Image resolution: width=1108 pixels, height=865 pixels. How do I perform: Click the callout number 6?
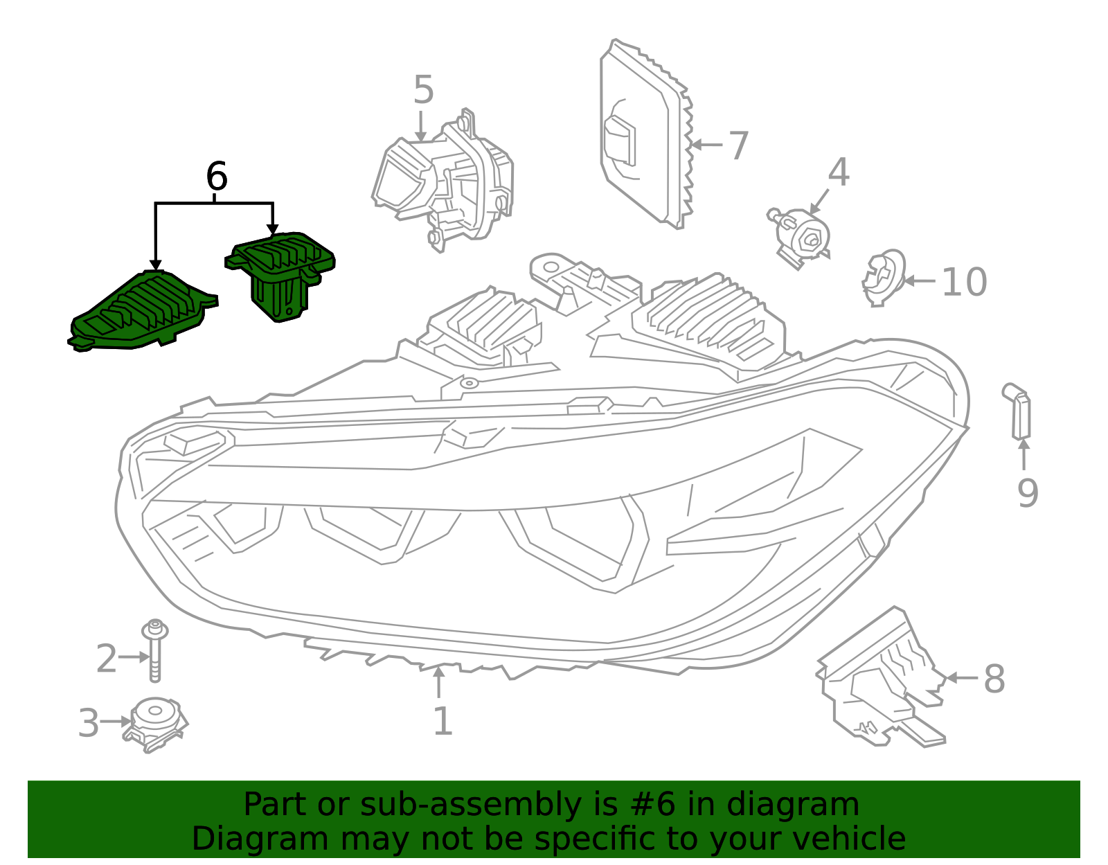point(217,177)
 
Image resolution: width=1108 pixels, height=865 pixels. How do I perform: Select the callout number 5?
point(423,91)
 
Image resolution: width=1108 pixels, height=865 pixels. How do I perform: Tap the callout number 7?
point(739,146)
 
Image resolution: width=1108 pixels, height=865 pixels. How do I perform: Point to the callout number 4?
point(839,172)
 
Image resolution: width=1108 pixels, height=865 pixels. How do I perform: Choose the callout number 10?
point(964,283)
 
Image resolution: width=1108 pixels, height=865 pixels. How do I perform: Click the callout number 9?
point(1028,494)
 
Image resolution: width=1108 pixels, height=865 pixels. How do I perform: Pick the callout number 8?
point(994,679)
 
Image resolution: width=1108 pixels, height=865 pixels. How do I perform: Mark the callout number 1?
point(443,721)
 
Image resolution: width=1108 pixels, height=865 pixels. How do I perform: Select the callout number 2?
point(107,658)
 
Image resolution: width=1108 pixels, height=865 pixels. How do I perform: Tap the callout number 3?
point(89,723)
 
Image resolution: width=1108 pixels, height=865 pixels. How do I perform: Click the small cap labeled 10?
point(884,277)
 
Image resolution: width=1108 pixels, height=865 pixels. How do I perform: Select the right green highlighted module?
point(280,274)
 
